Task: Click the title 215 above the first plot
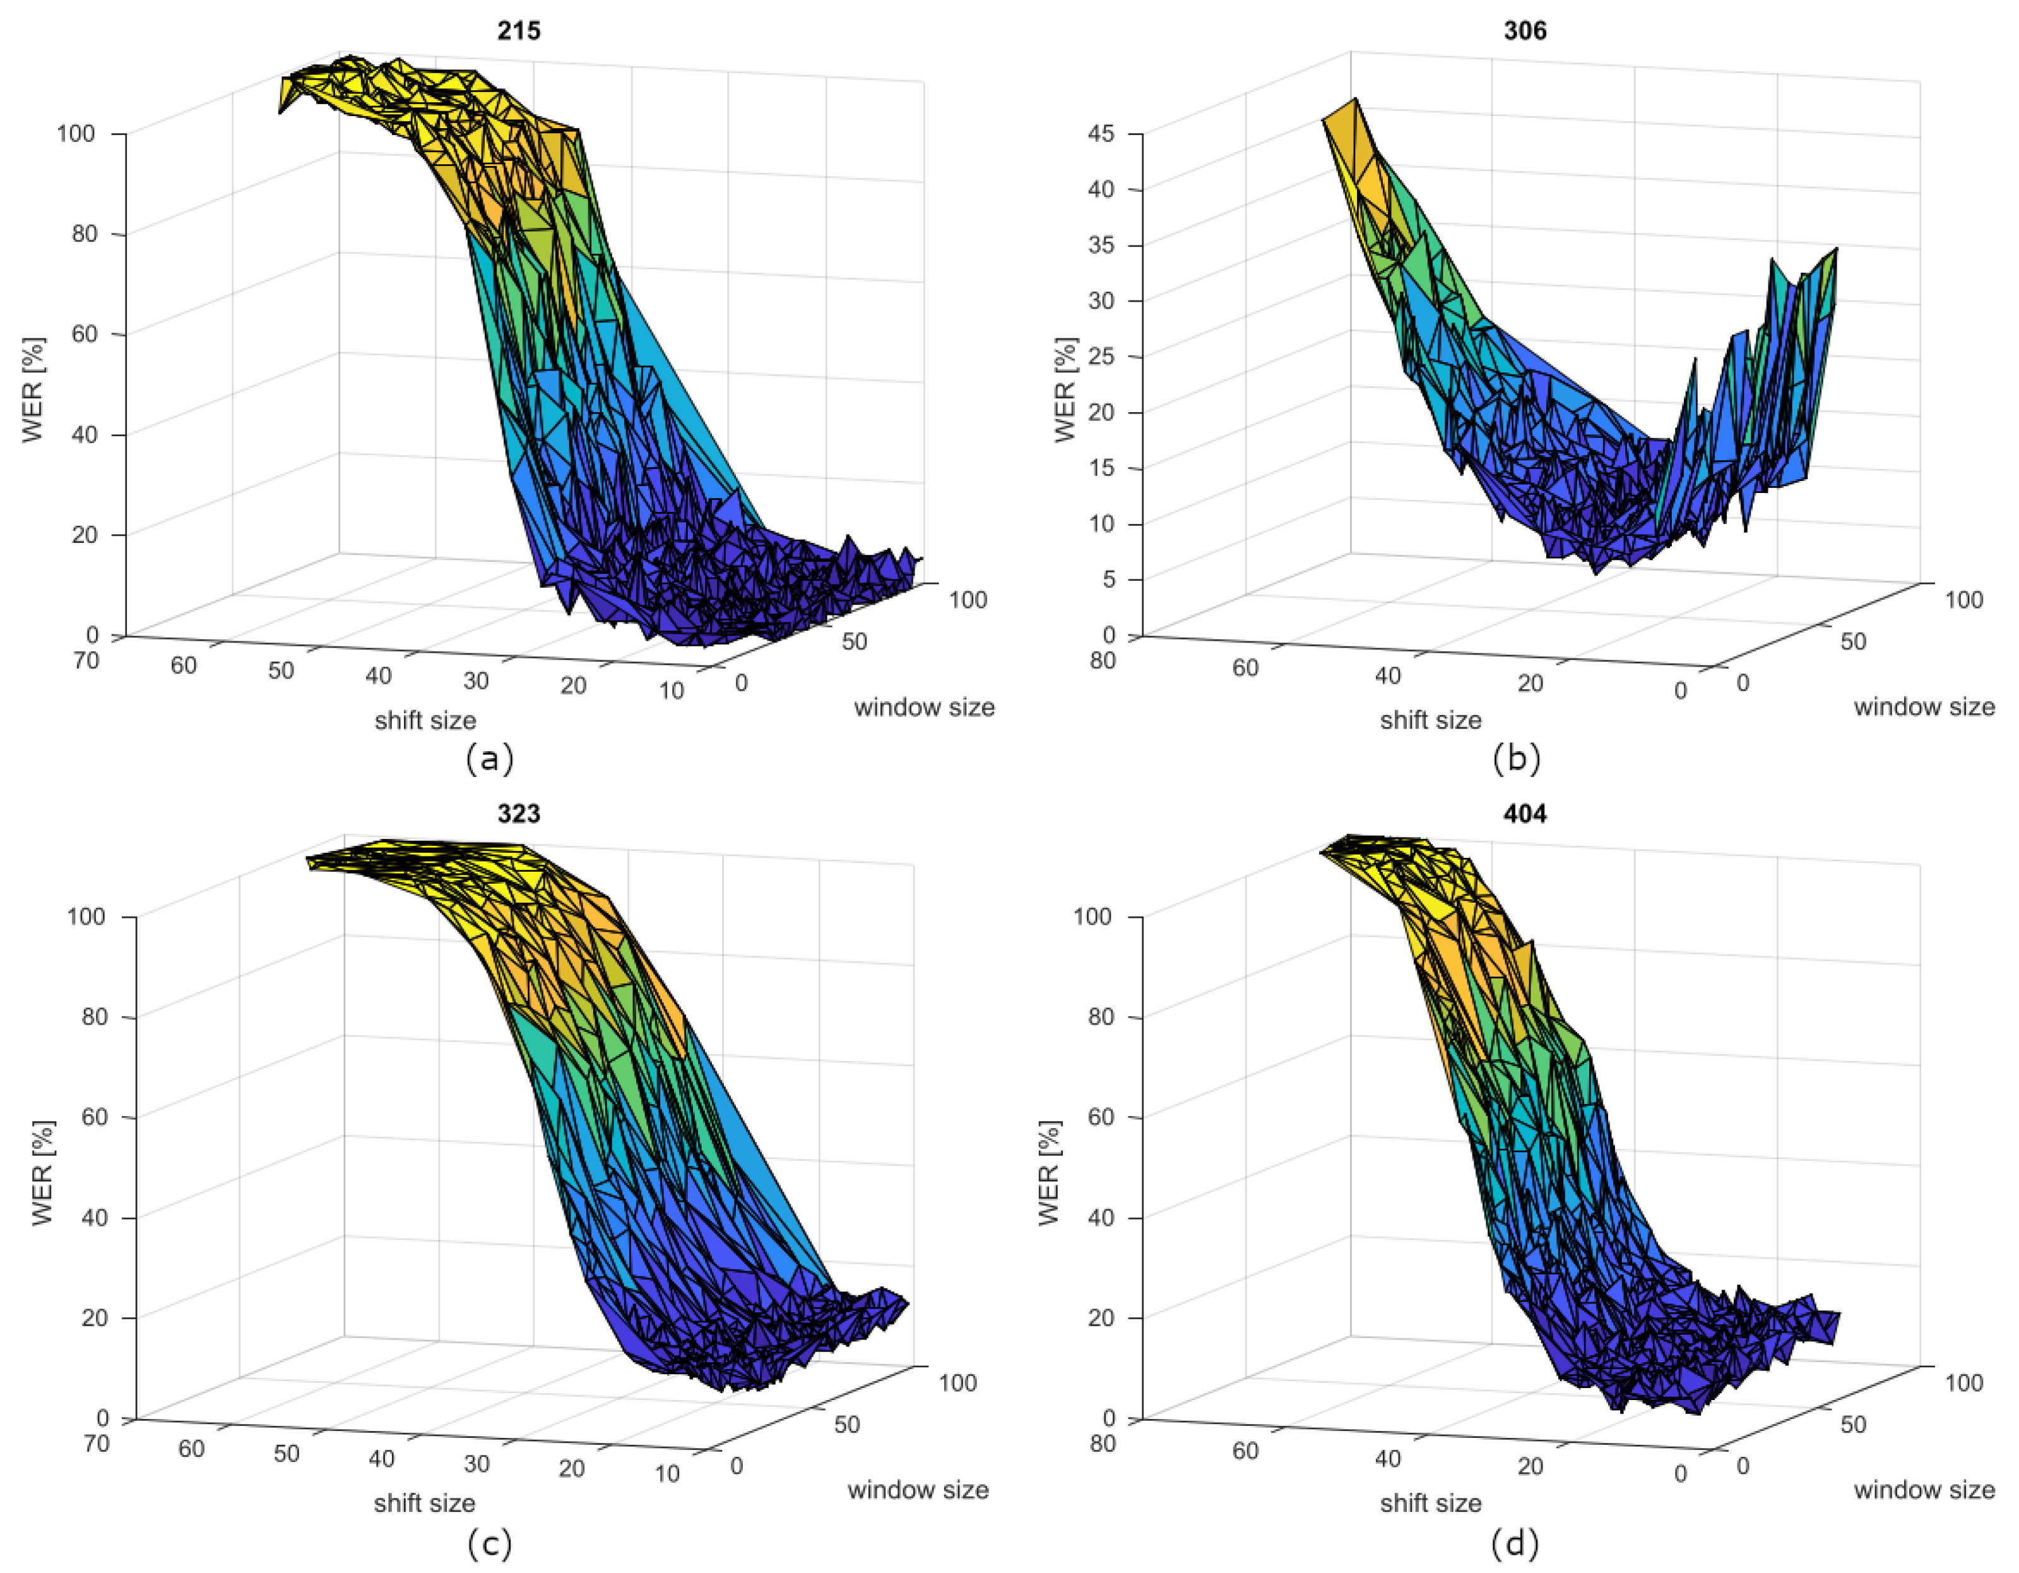pos(519,30)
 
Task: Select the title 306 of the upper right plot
pos(1524,30)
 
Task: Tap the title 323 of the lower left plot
pos(519,814)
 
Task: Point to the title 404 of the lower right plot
pos(1524,814)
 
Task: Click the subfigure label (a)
pos(489,759)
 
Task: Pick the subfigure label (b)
pos(1516,759)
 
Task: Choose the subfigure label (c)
pos(489,1543)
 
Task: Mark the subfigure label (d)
pos(1516,1543)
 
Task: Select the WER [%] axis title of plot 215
pos(33,389)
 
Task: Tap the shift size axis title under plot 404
pos(1430,1503)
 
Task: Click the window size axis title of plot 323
pos(918,1490)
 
